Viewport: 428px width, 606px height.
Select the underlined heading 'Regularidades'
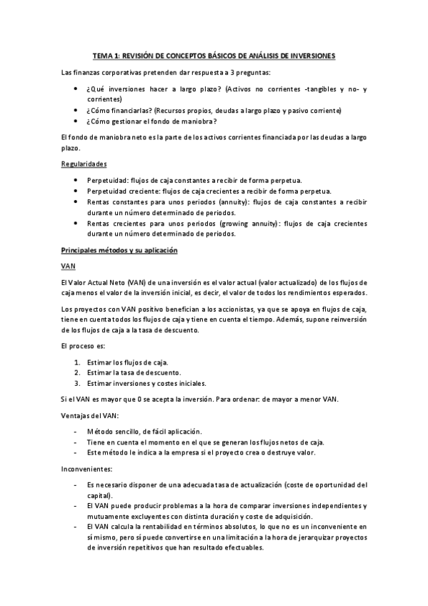point(84,164)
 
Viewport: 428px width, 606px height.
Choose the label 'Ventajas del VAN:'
point(91,416)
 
